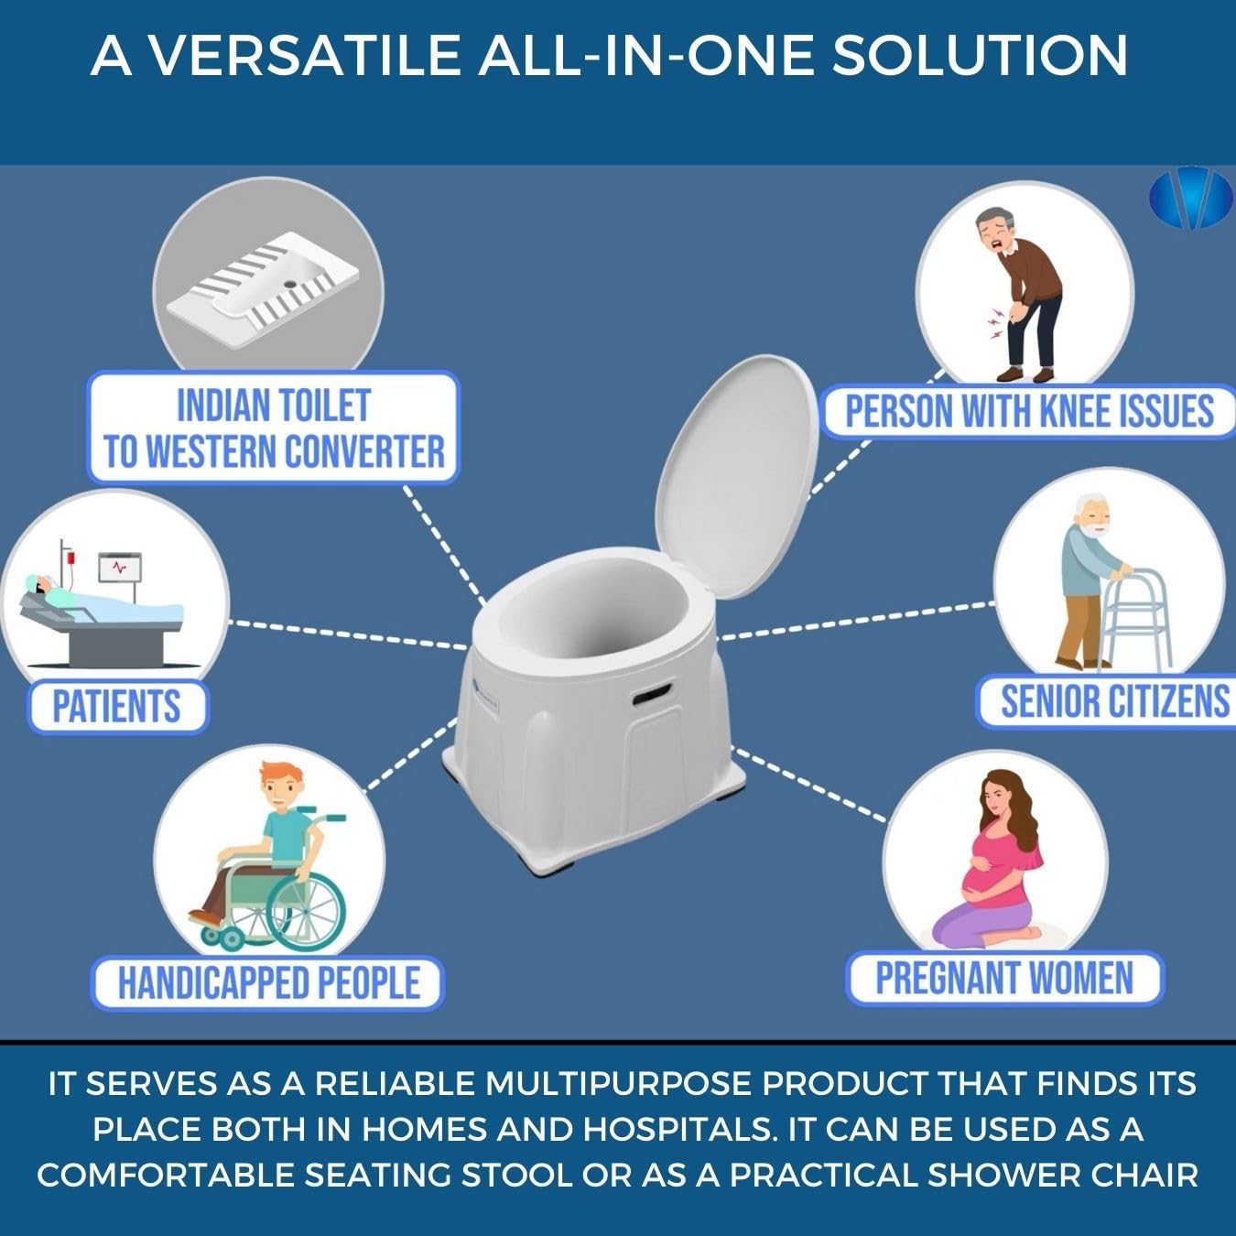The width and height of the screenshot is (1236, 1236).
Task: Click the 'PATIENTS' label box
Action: point(116,707)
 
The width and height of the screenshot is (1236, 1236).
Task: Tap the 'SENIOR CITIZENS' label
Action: point(1113,701)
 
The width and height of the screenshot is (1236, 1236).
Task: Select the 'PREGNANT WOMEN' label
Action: point(1004,978)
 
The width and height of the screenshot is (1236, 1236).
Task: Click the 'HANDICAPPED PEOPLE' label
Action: point(268,983)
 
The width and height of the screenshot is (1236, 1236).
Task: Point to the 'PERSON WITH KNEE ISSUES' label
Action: point(1029,411)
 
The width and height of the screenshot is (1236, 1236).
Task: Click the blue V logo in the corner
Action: point(1190,196)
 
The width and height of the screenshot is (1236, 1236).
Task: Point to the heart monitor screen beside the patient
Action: point(121,569)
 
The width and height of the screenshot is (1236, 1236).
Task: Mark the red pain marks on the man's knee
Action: point(994,322)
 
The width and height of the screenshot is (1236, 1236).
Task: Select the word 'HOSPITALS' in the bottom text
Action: point(678,1129)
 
